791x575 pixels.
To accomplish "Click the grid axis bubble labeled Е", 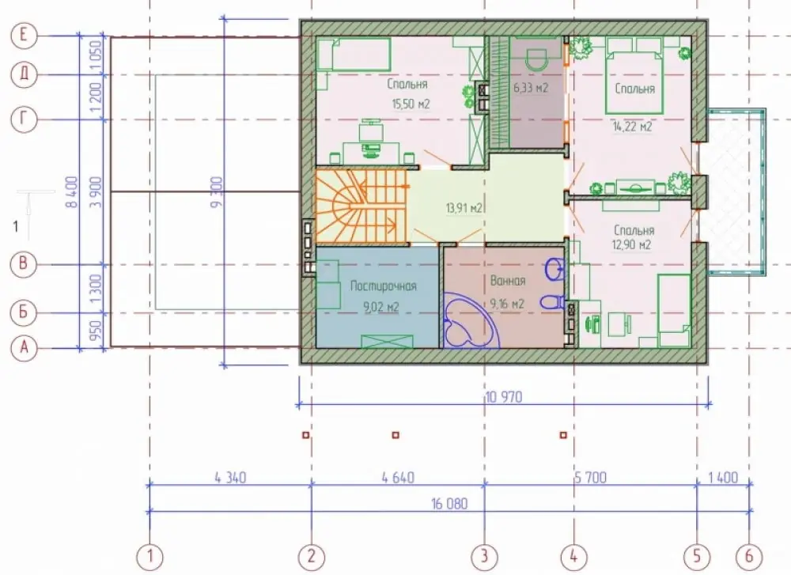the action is (x=23, y=36).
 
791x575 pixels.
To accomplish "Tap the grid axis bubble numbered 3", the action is (x=484, y=556).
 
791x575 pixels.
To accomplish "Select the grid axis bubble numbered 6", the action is (x=748, y=556).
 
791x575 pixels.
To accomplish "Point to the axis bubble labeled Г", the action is (x=23, y=119).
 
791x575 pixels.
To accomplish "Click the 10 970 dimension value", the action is (x=504, y=397).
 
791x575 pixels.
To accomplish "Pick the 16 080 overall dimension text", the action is (x=449, y=503).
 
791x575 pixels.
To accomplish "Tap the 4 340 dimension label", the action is (x=230, y=477).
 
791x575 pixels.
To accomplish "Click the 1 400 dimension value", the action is (x=723, y=477).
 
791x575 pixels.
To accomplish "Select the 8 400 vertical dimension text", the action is (x=72, y=191).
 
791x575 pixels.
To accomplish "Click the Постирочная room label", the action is (x=384, y=286).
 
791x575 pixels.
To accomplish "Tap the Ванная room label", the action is (x=508, y=281).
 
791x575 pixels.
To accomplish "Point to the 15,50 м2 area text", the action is (x=411, y=104).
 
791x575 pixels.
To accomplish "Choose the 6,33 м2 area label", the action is (x=531, y=88).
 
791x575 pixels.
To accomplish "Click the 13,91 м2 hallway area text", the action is (x=464, y=207).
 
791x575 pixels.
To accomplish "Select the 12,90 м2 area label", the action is (x=631, y=245).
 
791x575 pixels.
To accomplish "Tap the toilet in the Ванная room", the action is (x=554, y=302).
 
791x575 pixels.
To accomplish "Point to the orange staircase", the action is (x=361, y=206).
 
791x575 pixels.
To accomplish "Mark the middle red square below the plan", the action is (x=395, y=435).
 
